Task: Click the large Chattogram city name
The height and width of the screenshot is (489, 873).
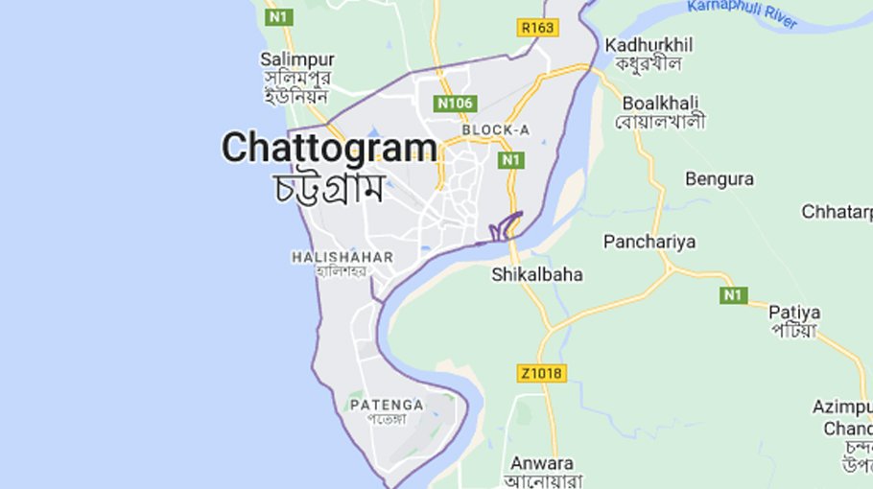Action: [x=329, y=148]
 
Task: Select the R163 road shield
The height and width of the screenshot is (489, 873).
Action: [x=537, y=28]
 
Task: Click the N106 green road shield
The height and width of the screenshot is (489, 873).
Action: [x=455, y=104]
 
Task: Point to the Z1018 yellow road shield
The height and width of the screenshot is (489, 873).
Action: [x=540, y=373]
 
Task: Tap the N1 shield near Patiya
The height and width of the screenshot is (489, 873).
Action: [x=734, y=295]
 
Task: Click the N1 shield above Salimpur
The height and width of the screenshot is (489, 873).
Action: [x=278, y=17]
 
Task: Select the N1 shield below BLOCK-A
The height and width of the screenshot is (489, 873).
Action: [x=510, y=160]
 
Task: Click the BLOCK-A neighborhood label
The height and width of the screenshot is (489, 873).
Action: [x=495, y=129]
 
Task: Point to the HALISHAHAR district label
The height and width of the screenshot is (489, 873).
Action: [x=342, y=257]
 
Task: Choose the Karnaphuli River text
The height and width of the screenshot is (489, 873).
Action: [x=742, y=13]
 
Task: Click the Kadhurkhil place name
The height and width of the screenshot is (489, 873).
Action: [x=649, y=45]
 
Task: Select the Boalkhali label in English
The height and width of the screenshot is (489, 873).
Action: [x=660, y=103]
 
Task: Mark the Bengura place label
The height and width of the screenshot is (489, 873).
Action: [x=720, y=179]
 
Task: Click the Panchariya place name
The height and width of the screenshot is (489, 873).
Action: [x=649, y=242]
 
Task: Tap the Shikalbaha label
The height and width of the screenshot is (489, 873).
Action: [x=537, y=274]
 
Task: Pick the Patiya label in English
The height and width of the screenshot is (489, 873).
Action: [x=793, y=312]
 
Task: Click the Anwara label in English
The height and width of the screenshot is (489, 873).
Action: [x=541, y=461]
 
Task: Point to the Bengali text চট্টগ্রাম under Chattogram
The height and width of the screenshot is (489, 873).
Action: [x=329, y=186]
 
